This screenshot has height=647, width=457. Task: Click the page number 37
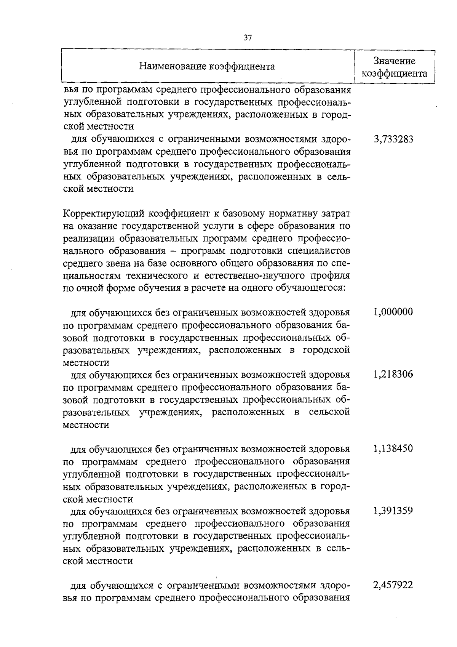coord(248,38)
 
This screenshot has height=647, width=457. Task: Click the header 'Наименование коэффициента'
coord(207,67)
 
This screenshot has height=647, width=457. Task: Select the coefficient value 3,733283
coord(393,139)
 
